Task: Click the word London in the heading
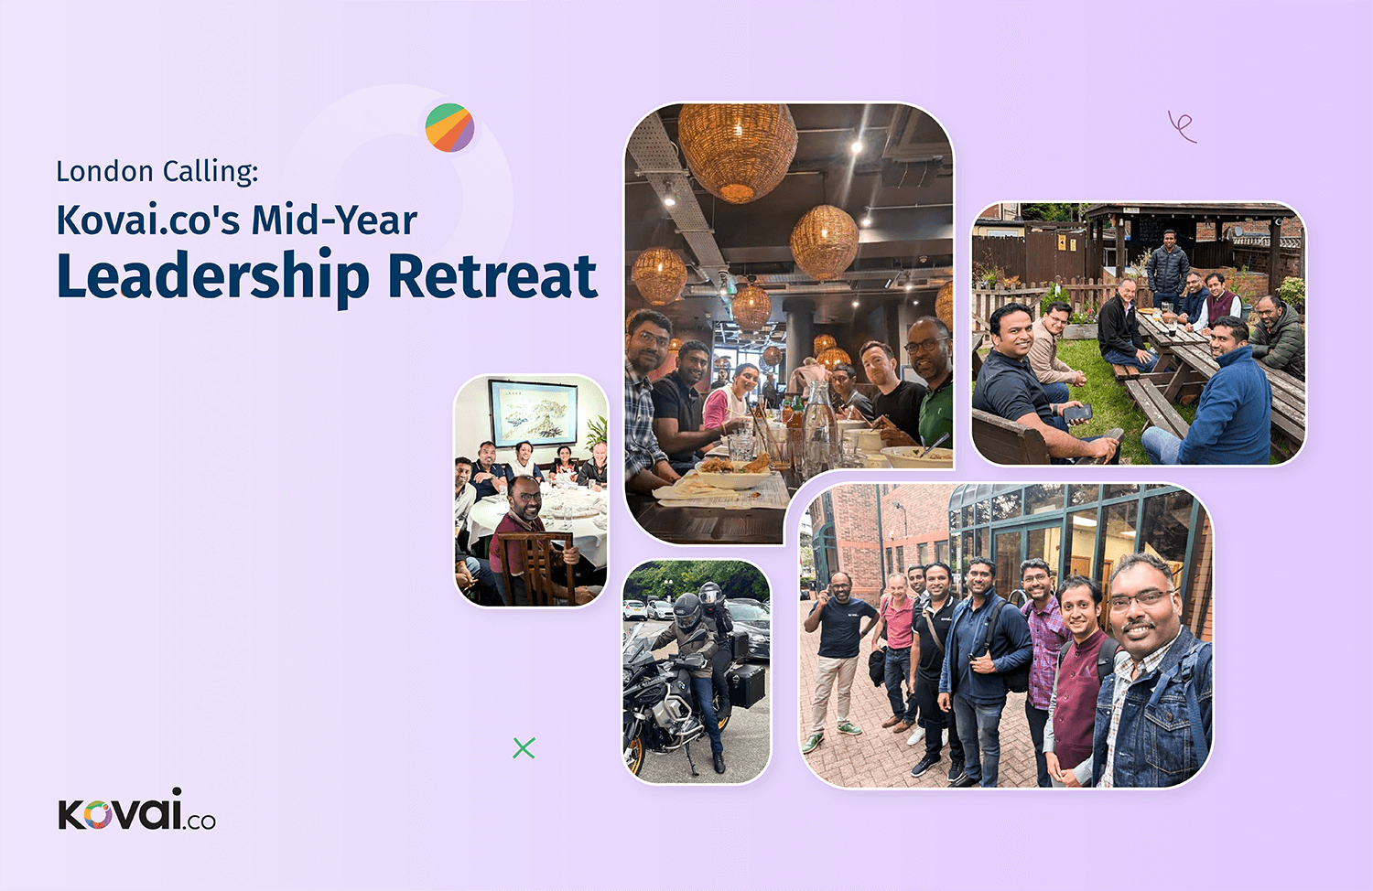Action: point(104,171)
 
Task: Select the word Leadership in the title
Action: point(212,276)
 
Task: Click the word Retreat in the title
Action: point(492,275)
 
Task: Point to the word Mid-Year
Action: point(335,220)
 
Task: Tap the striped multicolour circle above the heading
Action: point(450,127)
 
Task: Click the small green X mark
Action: point(524,747)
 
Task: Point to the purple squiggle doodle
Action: point(1182,127)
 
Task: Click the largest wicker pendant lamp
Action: point(738,151)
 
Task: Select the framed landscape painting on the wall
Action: point(534,413)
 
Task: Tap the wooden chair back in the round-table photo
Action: point(535,567)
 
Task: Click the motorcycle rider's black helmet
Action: point(687,610)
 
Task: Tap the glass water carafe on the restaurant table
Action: point(820,422)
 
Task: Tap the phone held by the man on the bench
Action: point(1077,413)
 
